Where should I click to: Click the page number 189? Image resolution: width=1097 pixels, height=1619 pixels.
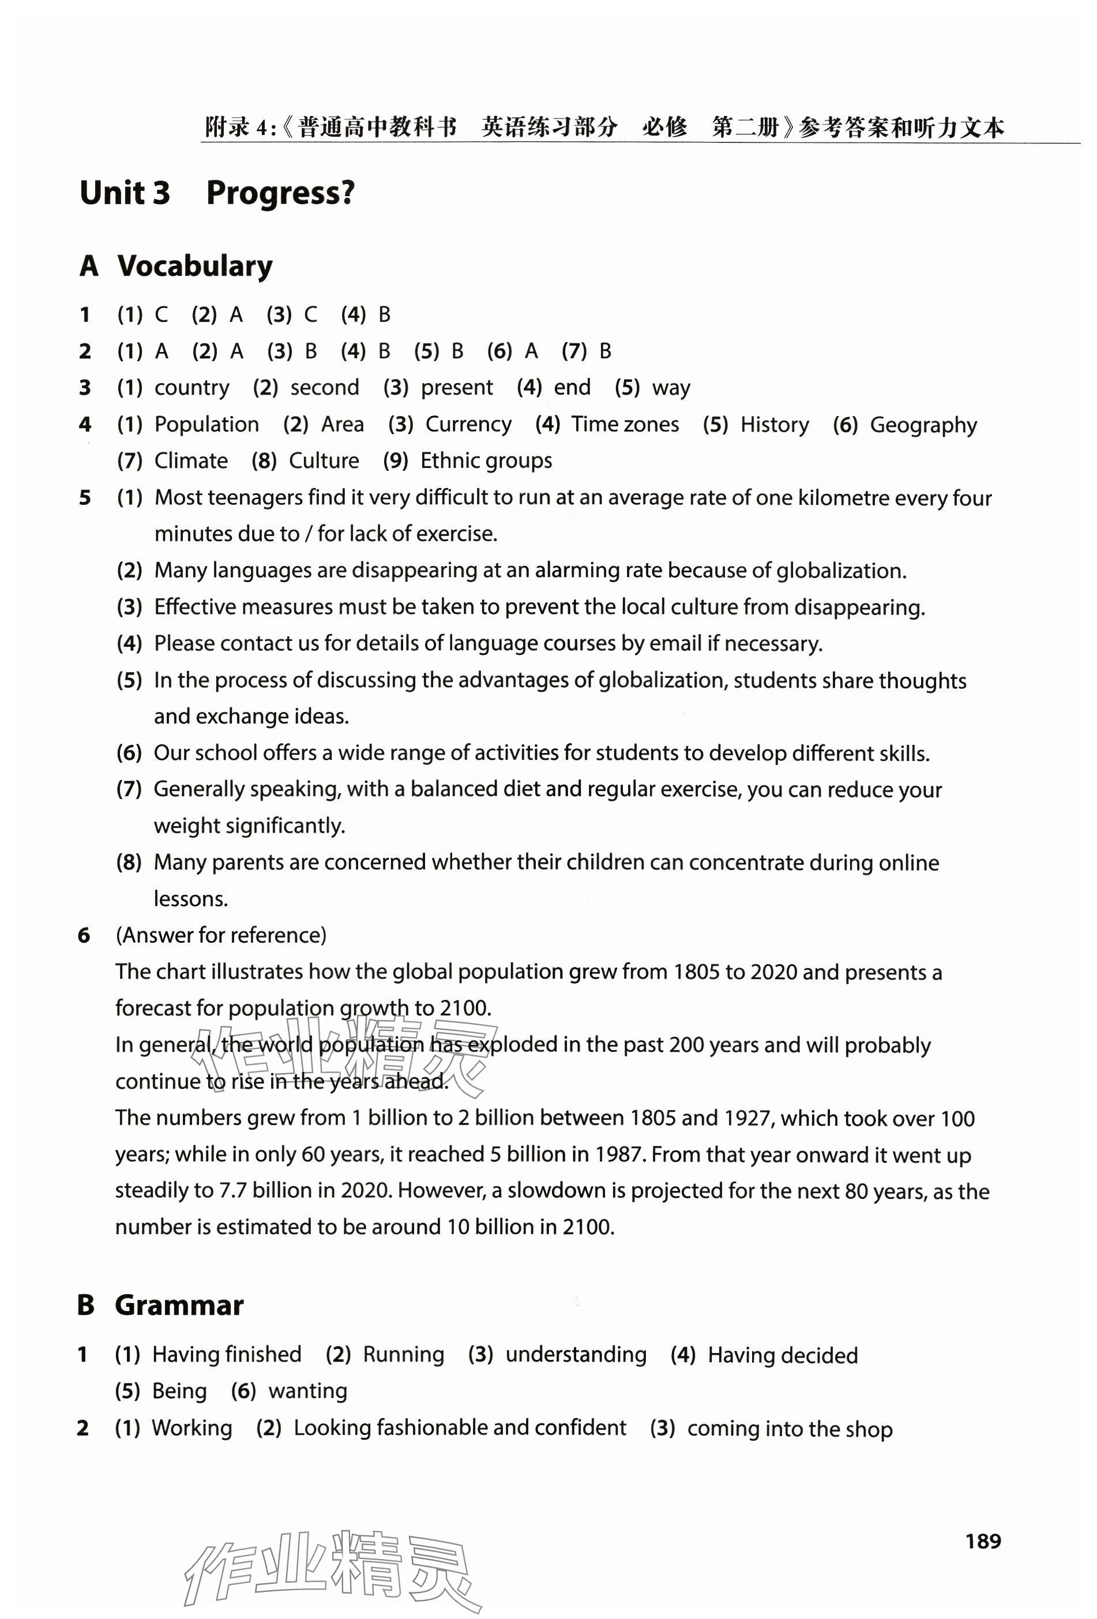[982, 1541]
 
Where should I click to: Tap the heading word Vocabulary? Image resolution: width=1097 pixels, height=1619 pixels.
[194, 266]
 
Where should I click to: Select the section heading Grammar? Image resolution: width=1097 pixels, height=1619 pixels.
[179, 1305]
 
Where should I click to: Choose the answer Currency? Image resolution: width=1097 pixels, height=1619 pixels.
[468, 424]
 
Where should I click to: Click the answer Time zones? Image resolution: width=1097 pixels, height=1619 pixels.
[625, 424]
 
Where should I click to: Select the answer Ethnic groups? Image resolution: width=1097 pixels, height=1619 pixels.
[486, 460]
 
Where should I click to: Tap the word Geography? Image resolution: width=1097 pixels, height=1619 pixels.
[923, 425]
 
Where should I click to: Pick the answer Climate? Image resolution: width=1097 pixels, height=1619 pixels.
[191, 460]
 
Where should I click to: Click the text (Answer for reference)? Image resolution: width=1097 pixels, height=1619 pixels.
[221, 935]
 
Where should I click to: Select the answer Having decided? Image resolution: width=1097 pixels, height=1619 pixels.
[782, 1355]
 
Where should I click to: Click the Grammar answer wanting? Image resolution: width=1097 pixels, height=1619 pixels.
[308, 1391]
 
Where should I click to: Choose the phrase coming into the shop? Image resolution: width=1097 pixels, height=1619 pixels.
[789, 1428]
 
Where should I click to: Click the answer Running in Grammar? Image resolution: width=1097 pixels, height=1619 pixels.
[403, 1354]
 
